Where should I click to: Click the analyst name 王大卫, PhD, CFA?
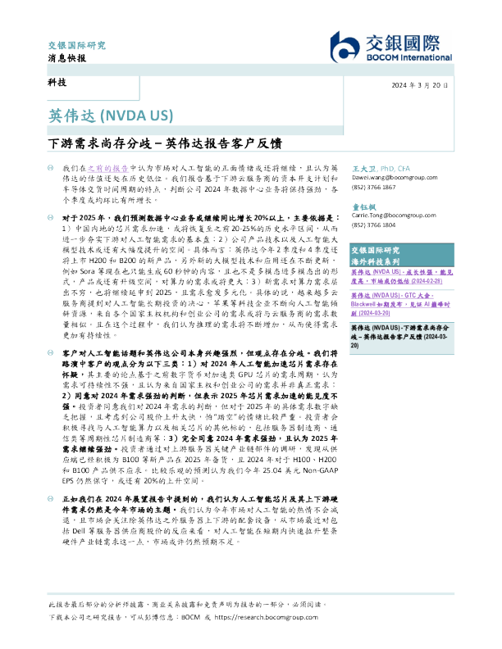pyautogui.click(x=384, y=166)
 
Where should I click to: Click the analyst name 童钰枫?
pyautogui.click(x=363, y=204)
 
